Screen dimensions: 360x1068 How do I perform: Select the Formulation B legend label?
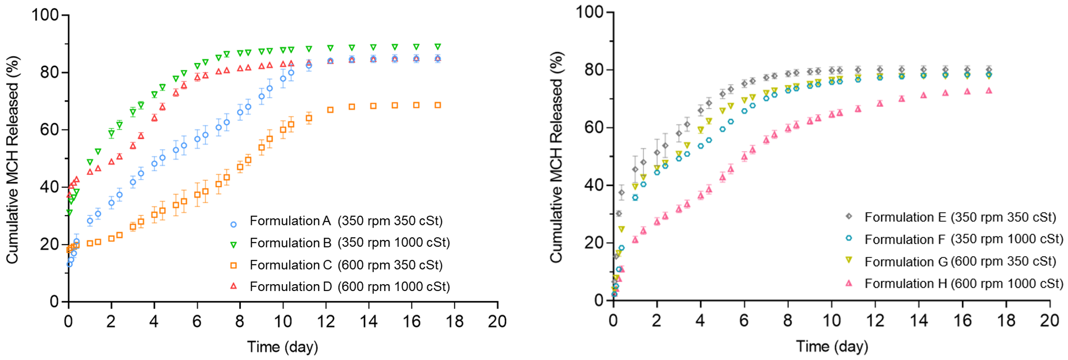click(349, 243)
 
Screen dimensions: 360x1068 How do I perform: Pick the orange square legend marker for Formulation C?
click(234, 265)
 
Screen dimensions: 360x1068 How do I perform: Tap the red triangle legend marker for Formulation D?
click(234, 286)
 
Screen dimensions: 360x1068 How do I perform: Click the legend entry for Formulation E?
click(960, 217)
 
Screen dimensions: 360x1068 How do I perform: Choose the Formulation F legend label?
click(964, 239)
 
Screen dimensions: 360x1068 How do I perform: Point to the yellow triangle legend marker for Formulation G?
click(849, 261)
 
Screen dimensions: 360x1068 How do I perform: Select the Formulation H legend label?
click(964, 284)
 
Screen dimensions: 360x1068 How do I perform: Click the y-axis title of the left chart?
click(12, 160)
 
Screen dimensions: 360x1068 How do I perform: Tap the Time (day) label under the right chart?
click(832, 346)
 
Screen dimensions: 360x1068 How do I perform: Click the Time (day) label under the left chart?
click(282, 347)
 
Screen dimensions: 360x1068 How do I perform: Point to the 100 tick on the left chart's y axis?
click(45, 15)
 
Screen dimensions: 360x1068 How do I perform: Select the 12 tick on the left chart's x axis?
click(326, 321)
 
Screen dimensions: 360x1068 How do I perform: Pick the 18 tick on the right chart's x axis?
click(1006, 320)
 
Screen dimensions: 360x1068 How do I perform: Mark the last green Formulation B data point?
click(438, 46)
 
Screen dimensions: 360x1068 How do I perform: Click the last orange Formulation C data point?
click(438, 105)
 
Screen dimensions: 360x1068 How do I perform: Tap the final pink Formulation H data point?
click(989, 91)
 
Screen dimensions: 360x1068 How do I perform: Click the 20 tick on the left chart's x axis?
click(497, 321)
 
